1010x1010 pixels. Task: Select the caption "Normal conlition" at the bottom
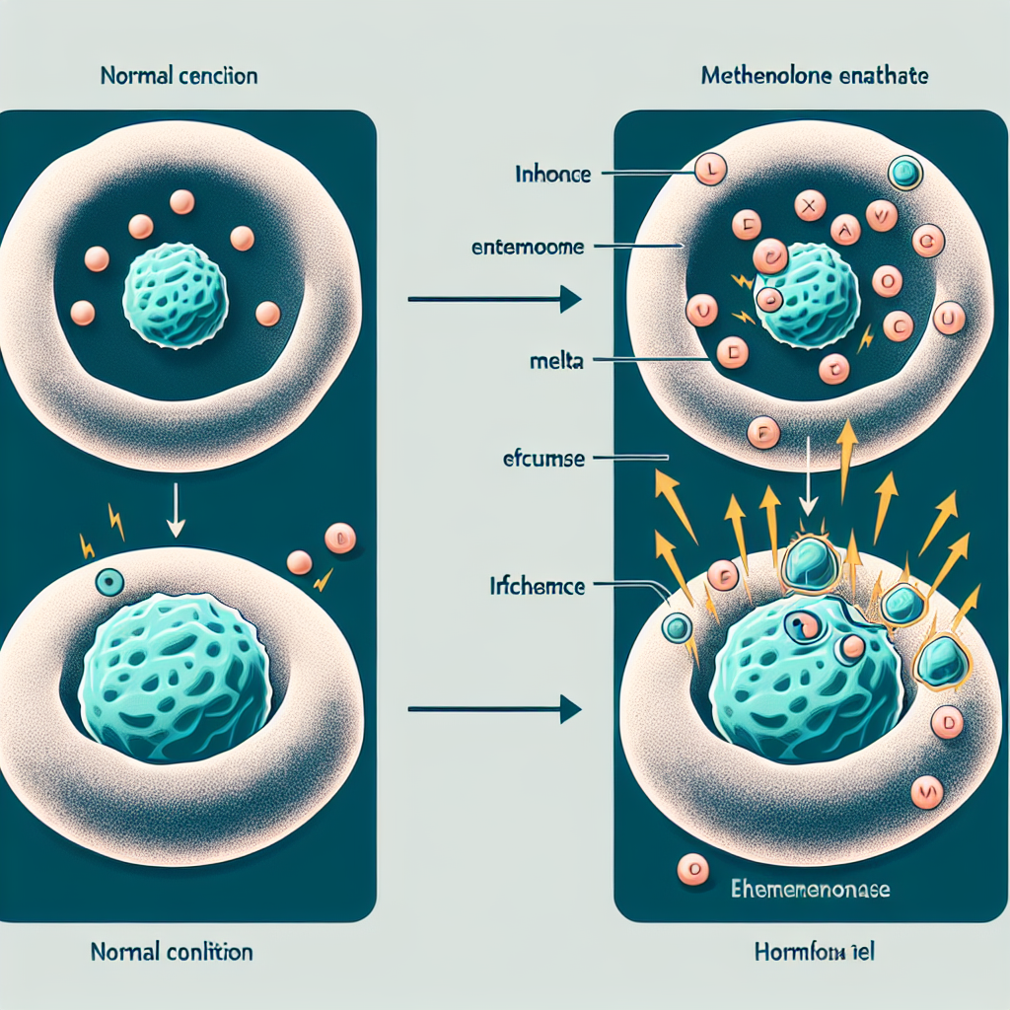(x=171, y=952)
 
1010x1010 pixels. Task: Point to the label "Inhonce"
(x=552, y=176)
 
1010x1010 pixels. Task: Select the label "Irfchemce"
(x=538, y=587)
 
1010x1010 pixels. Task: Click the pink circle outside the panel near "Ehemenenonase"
(x=694, y=869)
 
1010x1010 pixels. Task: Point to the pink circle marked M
(x=926, y=790)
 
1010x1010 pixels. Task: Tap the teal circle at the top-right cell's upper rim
(x=903, y=175)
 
